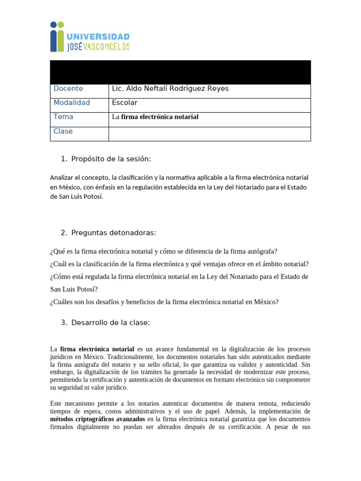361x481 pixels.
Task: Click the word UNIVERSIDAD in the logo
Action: (x=98, y=37)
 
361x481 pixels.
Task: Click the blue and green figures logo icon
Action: (x=57, y=37)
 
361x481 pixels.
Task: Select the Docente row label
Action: (x=68, y=89)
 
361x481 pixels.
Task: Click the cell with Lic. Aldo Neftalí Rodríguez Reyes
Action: (x=170, y=89)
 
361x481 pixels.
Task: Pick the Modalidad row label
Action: (x=71, y=103)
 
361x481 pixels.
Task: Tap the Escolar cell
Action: (x=125, y=103)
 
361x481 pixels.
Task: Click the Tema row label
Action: (x=63, y=116)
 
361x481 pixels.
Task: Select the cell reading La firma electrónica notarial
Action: (x=155, y=117)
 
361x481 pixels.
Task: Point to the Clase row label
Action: (x=63, y=132)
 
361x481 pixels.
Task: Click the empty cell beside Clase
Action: (x=209, y=134)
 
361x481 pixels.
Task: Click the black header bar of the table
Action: (x=180, y=72)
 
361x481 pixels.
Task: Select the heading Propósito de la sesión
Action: (x=111, y=159)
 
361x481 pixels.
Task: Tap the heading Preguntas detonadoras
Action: (x=113, y=233)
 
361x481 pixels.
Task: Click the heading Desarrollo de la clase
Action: (x=110, y=323)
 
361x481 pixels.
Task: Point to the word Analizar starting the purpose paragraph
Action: (x=63, y=178)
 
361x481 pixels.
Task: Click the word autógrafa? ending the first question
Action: (x=262, y=251)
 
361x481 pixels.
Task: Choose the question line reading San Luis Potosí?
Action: (x=74, y=289)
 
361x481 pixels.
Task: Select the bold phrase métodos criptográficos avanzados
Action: (x=97, y=419)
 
